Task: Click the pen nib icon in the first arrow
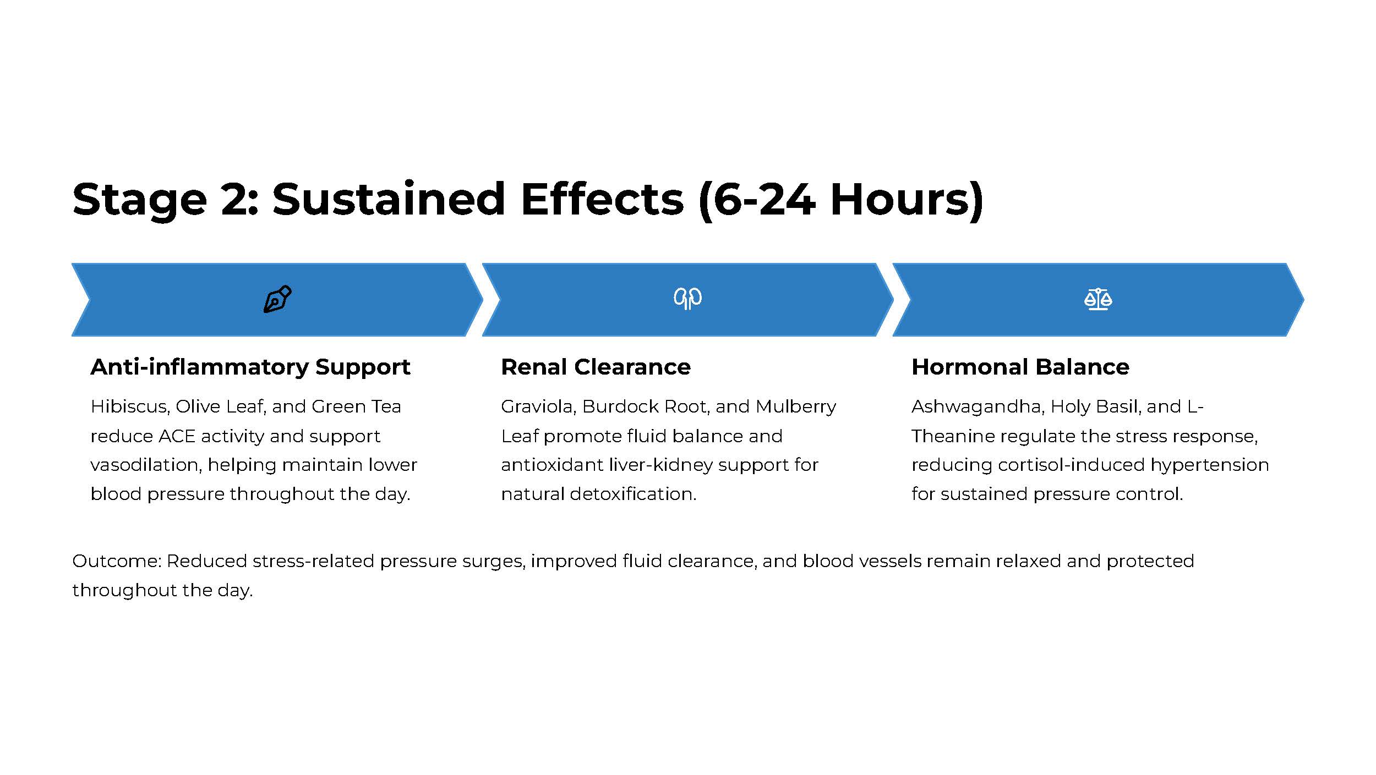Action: (x=277, y=299)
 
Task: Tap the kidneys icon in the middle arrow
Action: (x=687, y=299)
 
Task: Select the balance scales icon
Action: (x=1098, y=299)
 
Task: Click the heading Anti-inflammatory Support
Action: (x=250, y=367)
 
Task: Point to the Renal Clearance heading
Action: (x=596, y=367)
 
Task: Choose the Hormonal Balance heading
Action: (x=1020, y=367)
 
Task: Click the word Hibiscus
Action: (x=130, y=406)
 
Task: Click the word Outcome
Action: (x=116, y=561)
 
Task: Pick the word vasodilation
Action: (x=146, y=465)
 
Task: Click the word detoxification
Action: (x=633, y=494)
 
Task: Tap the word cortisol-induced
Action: (x=1071, y=465)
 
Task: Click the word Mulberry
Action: (x=796, y=406)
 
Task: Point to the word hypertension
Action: (x=1209, y=465)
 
